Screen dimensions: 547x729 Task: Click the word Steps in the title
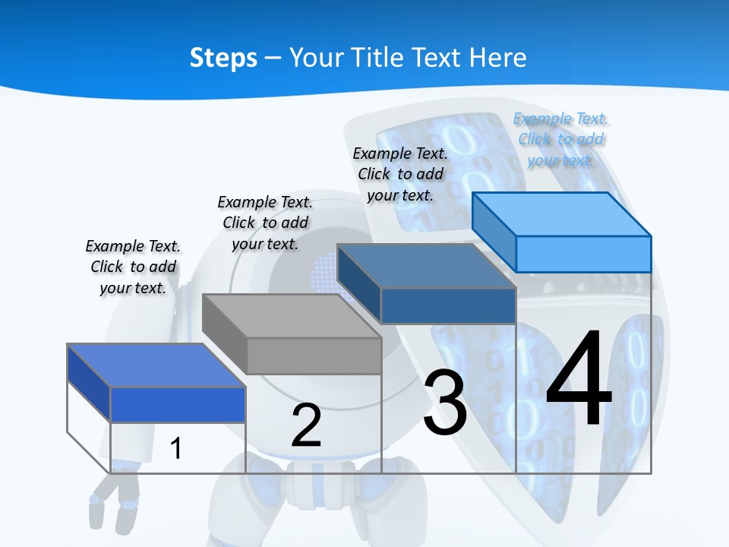point(223,58)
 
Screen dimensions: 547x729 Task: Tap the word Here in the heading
point(498,58)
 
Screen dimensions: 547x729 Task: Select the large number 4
point(579,380)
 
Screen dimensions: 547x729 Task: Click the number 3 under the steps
point(445,403)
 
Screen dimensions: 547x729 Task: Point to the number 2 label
point(306,425)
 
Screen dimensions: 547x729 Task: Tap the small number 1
point(176,448)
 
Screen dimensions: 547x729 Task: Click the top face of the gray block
point(292,315)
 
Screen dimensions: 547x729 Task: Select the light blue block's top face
point(562,213)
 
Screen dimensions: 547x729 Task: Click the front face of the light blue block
point(583,254)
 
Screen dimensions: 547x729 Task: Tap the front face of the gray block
point(314,356)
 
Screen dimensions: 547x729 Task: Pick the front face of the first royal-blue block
point(178,404)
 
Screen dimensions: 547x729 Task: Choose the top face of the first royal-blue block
point(156,365)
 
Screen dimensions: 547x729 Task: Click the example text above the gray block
point(265,223)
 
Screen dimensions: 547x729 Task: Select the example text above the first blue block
point(133,267)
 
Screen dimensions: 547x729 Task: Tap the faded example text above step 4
point(561,139)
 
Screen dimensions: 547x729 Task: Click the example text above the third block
point(400,174)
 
